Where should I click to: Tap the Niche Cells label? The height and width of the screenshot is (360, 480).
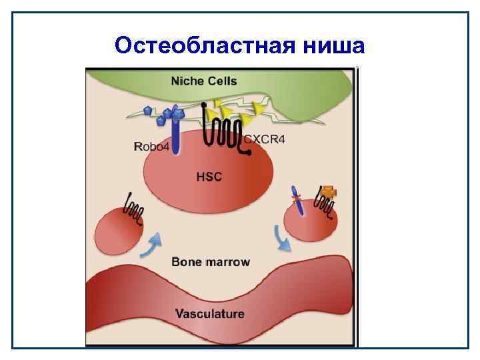204,81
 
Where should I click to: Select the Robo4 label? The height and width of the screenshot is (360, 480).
151,146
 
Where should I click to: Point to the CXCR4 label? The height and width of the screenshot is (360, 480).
265,139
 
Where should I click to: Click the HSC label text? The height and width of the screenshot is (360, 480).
209,177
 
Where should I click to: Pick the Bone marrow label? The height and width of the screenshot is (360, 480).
211,261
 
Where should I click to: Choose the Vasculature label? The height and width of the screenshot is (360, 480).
209,313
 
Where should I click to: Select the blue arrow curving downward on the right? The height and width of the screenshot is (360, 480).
282,239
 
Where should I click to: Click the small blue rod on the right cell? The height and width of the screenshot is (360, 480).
299,201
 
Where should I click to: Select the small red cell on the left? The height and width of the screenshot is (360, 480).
118,231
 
